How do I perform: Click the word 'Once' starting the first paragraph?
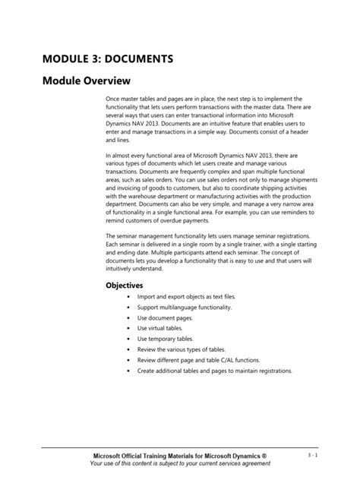(112, 99)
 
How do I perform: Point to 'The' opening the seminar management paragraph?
(110, 235)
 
